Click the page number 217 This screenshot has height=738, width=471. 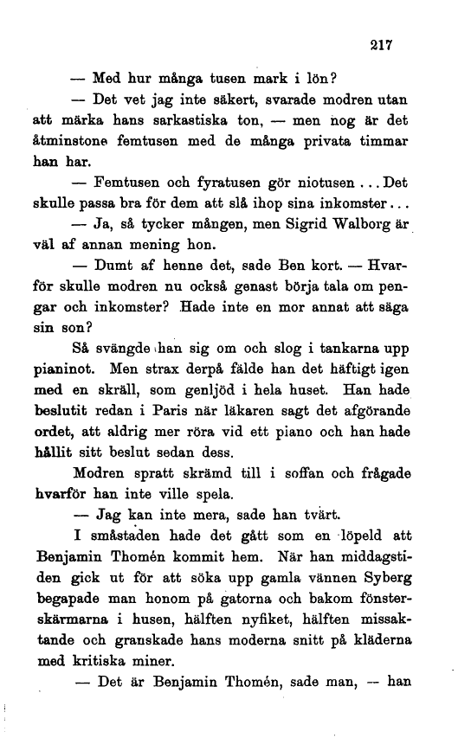click(x=382, y=47)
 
